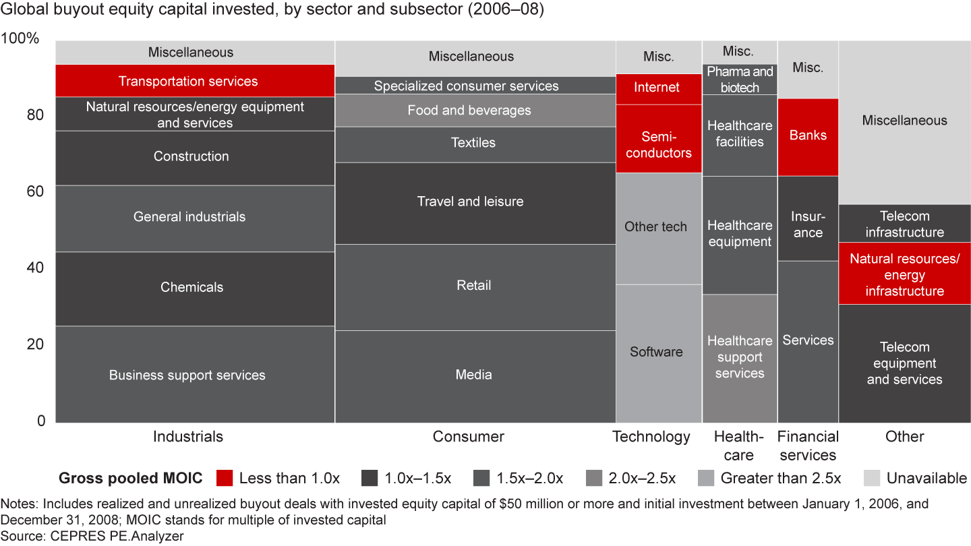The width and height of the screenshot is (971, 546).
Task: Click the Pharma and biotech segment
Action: (x=740, y=80)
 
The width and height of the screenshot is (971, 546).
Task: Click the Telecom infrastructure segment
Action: (x=904, y=224)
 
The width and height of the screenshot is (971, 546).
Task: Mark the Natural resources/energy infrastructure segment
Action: (x=904, y=274)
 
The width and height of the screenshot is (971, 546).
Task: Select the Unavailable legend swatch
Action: (x=873, y=479)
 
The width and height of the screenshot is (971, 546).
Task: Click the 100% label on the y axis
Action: (x=22, y=39)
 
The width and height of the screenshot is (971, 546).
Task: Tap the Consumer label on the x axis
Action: (x=469, y=437)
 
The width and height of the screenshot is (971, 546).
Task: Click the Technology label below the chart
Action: (x=651, y=437)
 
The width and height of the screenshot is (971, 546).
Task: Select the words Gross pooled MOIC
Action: (x=131, y=479)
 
